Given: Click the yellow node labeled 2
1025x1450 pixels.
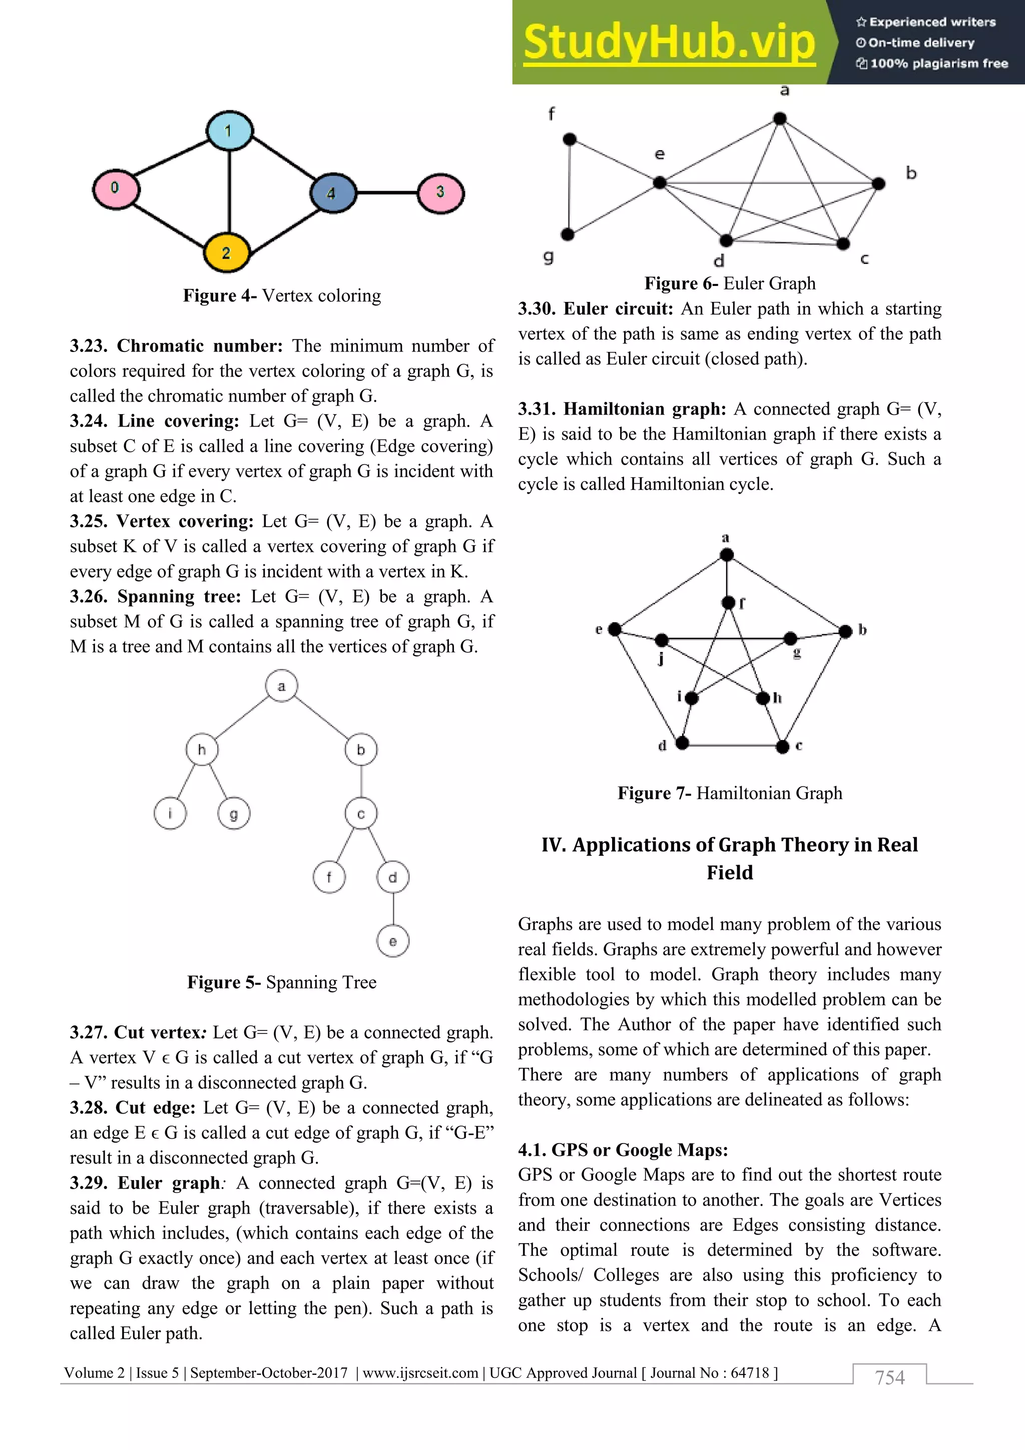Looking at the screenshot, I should point(226,253).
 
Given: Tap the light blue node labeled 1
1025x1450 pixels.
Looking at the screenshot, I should point(229,131).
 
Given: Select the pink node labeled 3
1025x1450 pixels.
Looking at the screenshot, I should point(440,192).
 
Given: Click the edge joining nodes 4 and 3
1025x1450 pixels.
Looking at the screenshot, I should point(386,192).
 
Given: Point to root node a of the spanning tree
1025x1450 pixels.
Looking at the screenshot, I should point(281,686).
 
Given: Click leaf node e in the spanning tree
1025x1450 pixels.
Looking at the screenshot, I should point(392,941).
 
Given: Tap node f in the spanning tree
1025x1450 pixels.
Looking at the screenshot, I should point(329,877).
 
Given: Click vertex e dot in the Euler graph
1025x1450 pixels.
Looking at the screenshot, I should point(660,183).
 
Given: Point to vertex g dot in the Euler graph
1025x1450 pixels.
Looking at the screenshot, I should point(568,234).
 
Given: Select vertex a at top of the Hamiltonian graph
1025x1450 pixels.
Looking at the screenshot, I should point(727,554).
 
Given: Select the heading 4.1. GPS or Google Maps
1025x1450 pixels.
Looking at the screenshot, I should point(623,1150).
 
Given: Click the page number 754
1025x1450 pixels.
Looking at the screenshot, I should point(889,1377).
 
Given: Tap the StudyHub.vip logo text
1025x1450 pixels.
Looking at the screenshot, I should point(669,43).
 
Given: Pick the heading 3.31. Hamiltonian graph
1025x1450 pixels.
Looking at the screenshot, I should point(622,409).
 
